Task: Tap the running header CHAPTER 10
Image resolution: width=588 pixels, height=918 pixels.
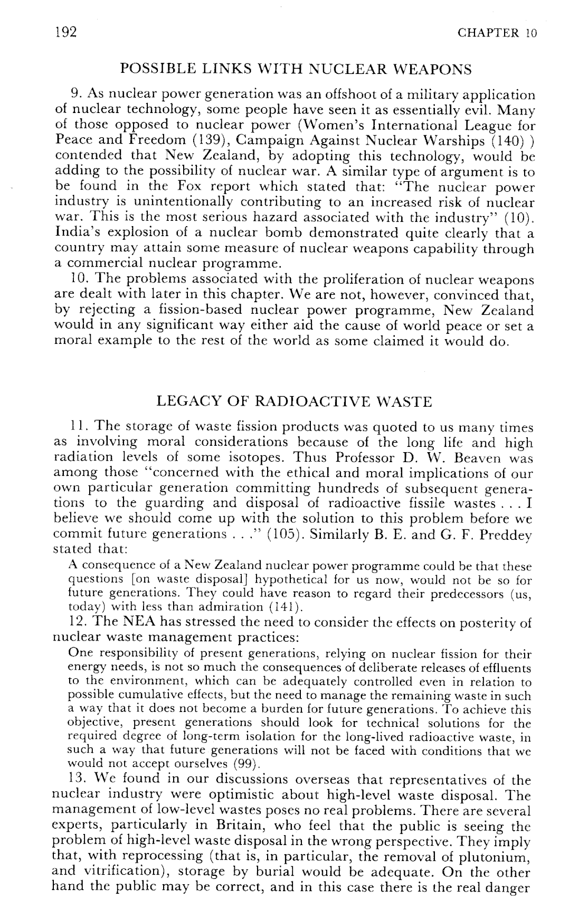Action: (497, 33)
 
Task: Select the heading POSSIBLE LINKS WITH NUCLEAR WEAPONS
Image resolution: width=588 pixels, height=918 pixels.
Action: (295, 69)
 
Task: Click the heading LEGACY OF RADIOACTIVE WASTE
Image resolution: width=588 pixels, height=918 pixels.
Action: (295, 402)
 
